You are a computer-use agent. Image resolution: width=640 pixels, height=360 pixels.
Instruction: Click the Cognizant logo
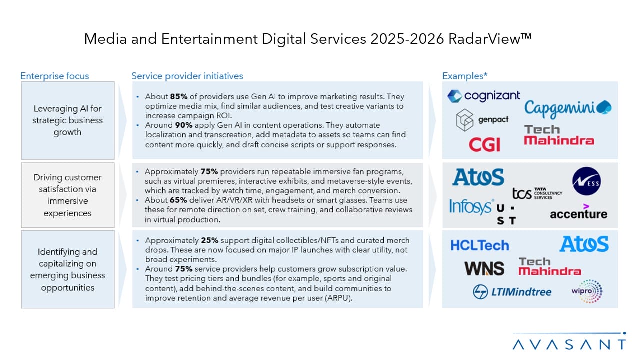tap(483, 95)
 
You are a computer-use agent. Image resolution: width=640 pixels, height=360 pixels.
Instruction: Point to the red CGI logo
tap(484, 145)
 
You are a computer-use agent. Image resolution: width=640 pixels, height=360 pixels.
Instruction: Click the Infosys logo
tap(471, 206)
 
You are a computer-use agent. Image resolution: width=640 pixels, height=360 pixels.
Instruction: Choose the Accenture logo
tap(578, 213)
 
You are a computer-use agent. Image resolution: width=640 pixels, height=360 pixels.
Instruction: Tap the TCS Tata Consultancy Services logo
tap(537, 193)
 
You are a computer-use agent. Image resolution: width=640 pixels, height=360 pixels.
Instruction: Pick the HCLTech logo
tap(479, 245)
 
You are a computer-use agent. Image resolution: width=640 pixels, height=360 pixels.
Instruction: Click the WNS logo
tap(484, 269)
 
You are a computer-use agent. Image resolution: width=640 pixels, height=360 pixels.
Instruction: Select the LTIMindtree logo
tap(512, 292)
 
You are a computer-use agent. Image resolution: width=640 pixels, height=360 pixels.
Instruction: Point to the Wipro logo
tap(586, 291)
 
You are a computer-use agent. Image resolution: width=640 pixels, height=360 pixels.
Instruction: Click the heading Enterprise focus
tap(54, 76)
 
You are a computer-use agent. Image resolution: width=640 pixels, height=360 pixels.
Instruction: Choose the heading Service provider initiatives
tap(187, 76)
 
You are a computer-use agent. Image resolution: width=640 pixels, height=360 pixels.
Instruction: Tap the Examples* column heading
tap(464, 76)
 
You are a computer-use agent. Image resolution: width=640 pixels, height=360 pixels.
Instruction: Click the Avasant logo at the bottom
tap(569, 343)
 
